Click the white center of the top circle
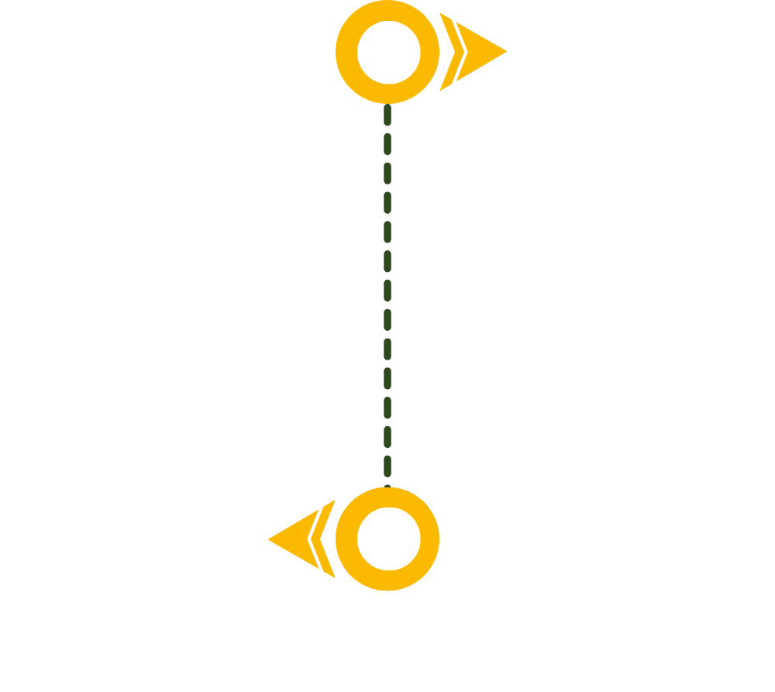coord(388,52)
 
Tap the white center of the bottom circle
coord(388,539)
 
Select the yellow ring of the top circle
coord(346,52)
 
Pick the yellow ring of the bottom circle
coord(346,539)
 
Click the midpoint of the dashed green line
coord(387,295)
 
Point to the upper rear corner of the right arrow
coord(450,12)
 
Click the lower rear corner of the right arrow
coord(450,91)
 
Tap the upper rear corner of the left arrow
coord(325,500)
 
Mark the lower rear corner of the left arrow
coord(325,578)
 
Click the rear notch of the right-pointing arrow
coord(465,51)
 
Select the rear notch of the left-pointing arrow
coord(310,539)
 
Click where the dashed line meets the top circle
coord(387,104)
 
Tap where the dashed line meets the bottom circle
coord(387,487)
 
